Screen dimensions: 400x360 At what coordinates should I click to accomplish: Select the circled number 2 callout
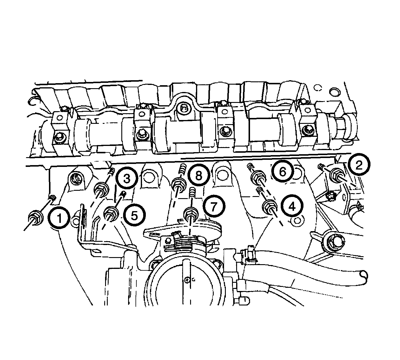359,165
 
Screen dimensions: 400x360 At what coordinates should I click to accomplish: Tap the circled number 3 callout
127,178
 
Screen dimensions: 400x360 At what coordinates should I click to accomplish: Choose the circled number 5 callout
134,216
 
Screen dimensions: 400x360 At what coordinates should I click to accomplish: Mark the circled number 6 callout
283,172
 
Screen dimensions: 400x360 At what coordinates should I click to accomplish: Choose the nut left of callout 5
111,214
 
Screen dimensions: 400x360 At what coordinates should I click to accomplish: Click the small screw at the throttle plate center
187,280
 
